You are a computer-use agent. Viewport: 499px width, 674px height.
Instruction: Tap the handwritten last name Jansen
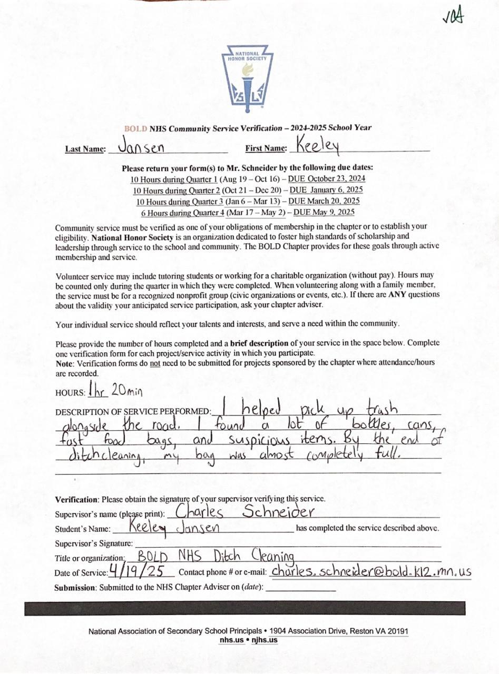coord(141,146)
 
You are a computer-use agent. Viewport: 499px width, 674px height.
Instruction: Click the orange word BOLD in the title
coord(136,128)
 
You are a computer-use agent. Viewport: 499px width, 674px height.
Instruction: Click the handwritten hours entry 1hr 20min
coord(115,391)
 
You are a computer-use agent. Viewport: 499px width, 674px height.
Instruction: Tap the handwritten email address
coord(371,571)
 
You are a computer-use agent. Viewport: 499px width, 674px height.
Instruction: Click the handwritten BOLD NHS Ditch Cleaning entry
coord(216,556)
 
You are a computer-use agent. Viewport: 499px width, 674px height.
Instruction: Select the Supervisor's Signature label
coord(93,543)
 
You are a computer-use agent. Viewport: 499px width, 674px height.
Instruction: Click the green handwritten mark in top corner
coord(453,17)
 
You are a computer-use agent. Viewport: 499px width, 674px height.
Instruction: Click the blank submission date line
coord(301,588)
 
